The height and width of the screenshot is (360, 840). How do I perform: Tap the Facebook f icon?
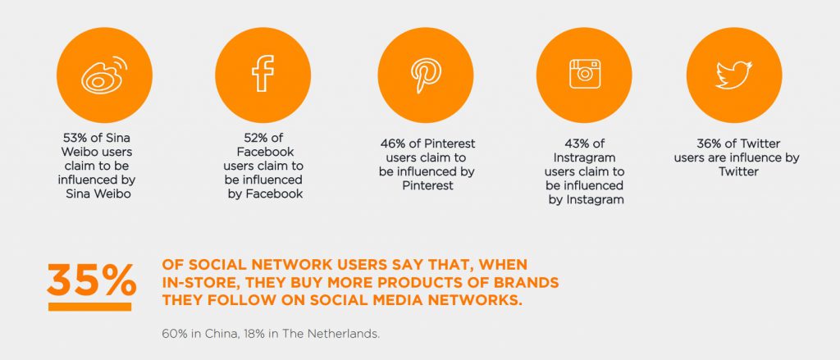263,73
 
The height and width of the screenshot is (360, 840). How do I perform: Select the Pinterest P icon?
426,75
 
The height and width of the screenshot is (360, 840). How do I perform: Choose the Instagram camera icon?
584,74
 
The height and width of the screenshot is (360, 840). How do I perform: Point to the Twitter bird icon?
734,75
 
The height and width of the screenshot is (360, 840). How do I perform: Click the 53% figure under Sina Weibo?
75,138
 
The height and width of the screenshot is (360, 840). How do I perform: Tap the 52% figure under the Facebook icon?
257,138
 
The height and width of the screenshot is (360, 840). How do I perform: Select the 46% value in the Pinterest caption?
393,144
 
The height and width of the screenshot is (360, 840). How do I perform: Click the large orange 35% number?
91,280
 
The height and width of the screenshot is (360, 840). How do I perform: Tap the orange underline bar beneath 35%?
89,307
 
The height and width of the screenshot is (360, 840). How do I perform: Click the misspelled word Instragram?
584,158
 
